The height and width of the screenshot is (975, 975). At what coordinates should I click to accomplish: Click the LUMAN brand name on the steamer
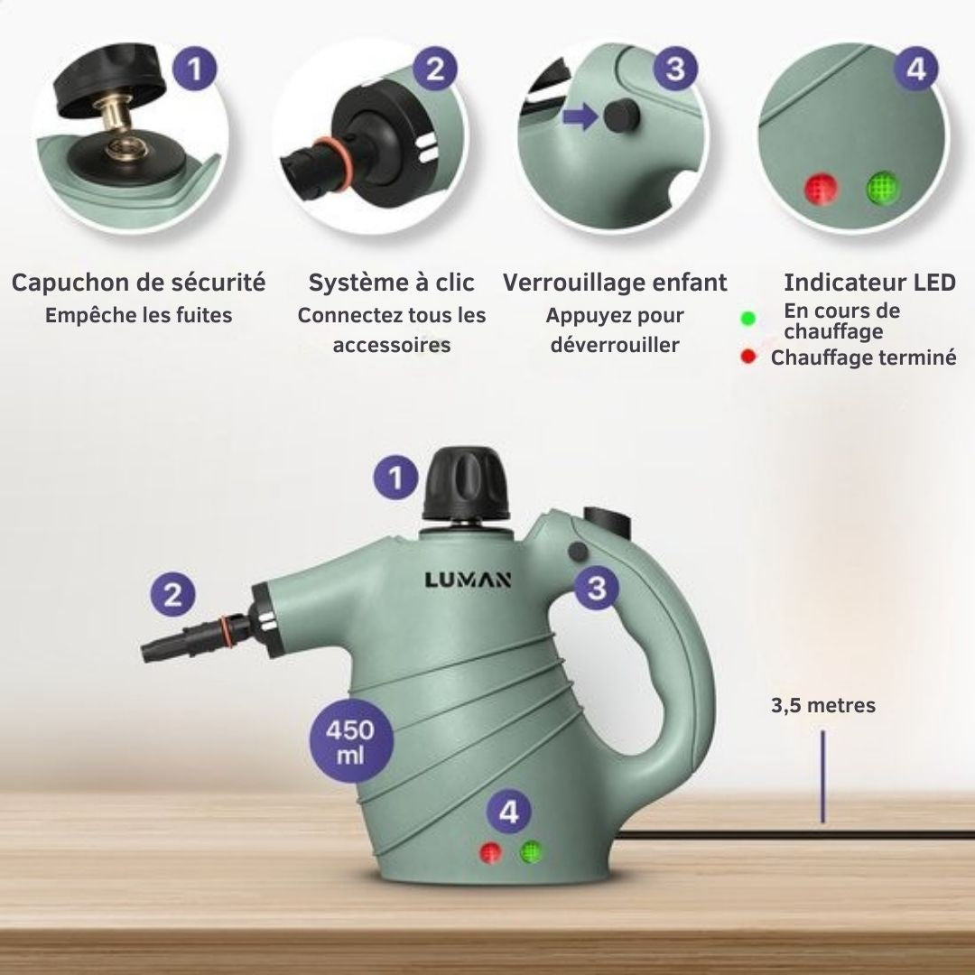[468, 580]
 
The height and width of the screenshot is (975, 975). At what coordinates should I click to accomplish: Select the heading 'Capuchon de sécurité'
[138, 283]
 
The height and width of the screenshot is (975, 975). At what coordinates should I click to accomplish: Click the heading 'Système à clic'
[391, 283]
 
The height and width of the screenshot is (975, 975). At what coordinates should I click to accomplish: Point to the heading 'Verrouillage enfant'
[615, 283]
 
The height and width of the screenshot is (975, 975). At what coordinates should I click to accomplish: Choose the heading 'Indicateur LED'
[869, 283]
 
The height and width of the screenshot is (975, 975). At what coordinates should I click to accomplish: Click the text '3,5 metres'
[822, 705]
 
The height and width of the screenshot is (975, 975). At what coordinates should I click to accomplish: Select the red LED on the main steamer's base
[491, 852]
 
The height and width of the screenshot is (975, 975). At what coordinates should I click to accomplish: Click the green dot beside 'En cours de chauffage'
[747, 320]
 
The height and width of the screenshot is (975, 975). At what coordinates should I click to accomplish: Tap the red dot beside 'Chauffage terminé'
[747, 357]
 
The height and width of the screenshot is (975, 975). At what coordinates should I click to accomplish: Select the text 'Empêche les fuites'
[138, 315]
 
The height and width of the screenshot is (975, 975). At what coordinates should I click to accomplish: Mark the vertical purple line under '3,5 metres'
[822, 776]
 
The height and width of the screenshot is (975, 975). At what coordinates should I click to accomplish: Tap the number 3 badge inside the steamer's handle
[597, 588]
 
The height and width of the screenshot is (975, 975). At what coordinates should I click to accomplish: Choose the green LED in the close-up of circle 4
[878, 189]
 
